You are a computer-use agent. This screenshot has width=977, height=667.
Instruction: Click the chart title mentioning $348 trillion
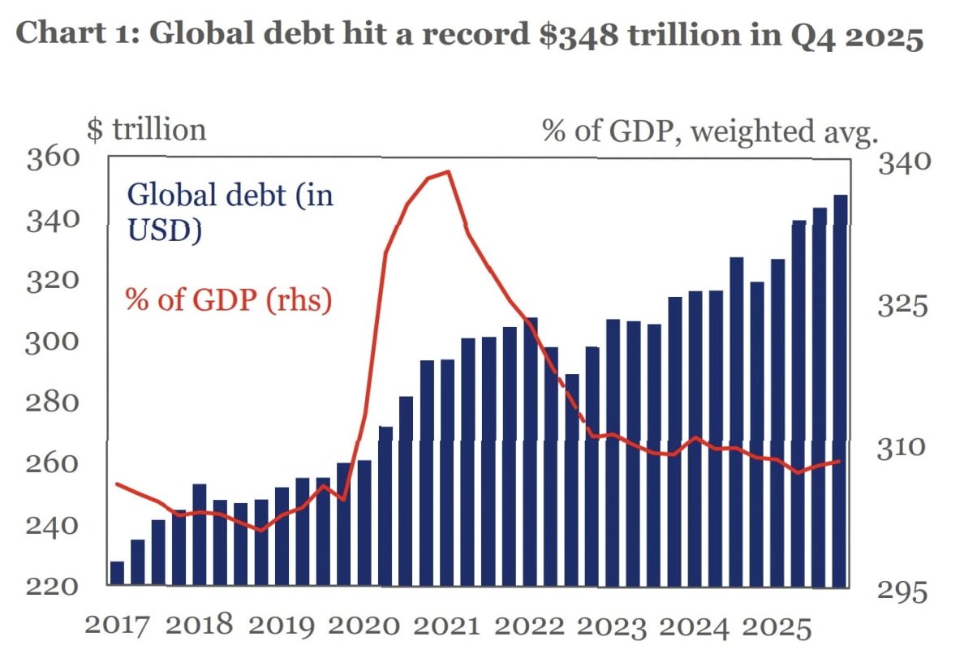click(469, 38)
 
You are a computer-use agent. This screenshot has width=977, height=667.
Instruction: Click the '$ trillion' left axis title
click(145, 131)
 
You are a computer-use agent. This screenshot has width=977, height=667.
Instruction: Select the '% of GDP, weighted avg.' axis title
click(710, 131)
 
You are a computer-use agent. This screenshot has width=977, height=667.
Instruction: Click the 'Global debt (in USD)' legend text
click(230, 213)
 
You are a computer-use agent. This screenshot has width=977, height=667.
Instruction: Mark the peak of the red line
click(448, 172)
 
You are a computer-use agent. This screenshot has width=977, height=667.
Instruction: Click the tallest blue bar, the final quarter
click(840, 389)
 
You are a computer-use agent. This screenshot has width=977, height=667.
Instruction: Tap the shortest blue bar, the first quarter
click(117, 573)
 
